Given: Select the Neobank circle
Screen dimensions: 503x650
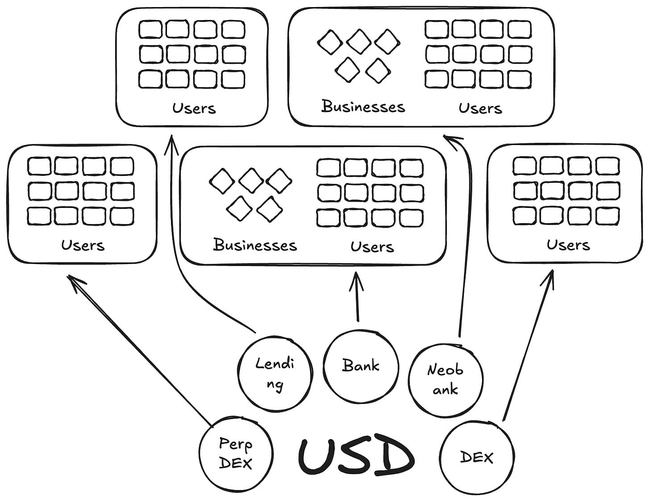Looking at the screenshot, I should [x=446, y=379].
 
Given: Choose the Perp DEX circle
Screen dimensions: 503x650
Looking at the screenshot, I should [x=236, y=453].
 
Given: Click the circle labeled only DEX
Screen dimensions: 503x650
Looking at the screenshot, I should [x=477, y=457].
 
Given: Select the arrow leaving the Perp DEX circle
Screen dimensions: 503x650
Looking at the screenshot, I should [x=143, y=353].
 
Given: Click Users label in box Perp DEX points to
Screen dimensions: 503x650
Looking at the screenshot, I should [x=83, y=245].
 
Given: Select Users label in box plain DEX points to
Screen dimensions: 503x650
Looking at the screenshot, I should [x=568, y=245].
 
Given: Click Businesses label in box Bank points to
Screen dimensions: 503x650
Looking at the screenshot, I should [x=255, y=245].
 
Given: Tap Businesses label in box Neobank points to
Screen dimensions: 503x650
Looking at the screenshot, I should [x=363, y=107].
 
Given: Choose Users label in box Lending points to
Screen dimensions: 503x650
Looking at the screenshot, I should [x=194, y=108].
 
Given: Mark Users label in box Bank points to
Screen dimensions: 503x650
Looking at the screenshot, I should [x=372, y=246].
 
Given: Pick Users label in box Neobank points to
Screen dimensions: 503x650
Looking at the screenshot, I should [x=480, y=108].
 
